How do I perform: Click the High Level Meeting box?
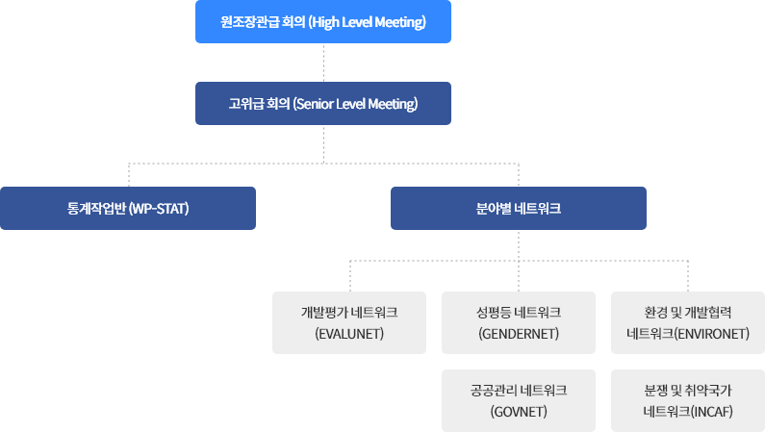coord(322,21)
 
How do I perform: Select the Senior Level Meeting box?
coord(322,103)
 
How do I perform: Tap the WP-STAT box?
coord(128,208)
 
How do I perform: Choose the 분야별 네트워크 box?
coord(518,208)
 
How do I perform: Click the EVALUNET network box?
coord(349,322)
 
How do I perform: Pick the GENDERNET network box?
coord(519,322)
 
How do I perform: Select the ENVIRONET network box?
coord(688,322)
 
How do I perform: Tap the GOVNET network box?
coord(519,400)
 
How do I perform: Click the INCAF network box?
coord(688,400)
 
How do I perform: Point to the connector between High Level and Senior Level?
coord(323,63)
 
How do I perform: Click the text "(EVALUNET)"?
coord(349,334)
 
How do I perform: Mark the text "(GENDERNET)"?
coord(519,334)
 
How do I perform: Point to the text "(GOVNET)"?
coord(519,412)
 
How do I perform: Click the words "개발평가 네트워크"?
coord(349,312)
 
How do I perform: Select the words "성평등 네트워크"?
coord(519,312)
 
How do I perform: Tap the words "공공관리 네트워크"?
coord(519,390)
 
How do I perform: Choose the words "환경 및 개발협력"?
coord(688,312)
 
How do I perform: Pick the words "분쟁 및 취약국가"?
coord(688,390)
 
